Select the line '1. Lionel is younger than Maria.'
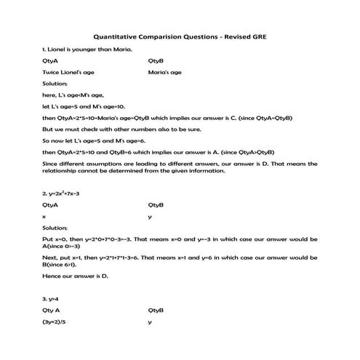pos(76,49)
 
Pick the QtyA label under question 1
pos(50,61)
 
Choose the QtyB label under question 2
pos(156,205)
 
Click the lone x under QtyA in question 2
pos(44,217)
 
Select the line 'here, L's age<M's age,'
pos(73,95)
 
